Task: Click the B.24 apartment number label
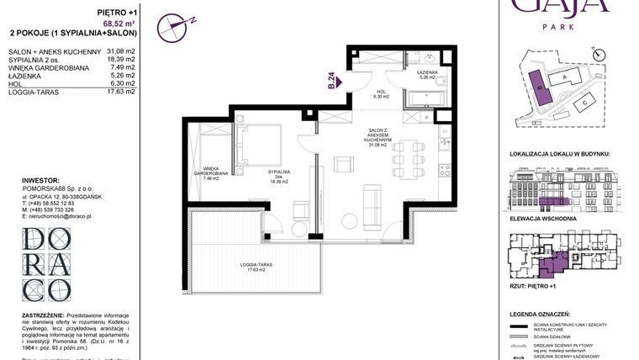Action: tap(331, 81)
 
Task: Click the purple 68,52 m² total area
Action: tap(120, 24)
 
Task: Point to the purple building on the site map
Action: tap(536, 84)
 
